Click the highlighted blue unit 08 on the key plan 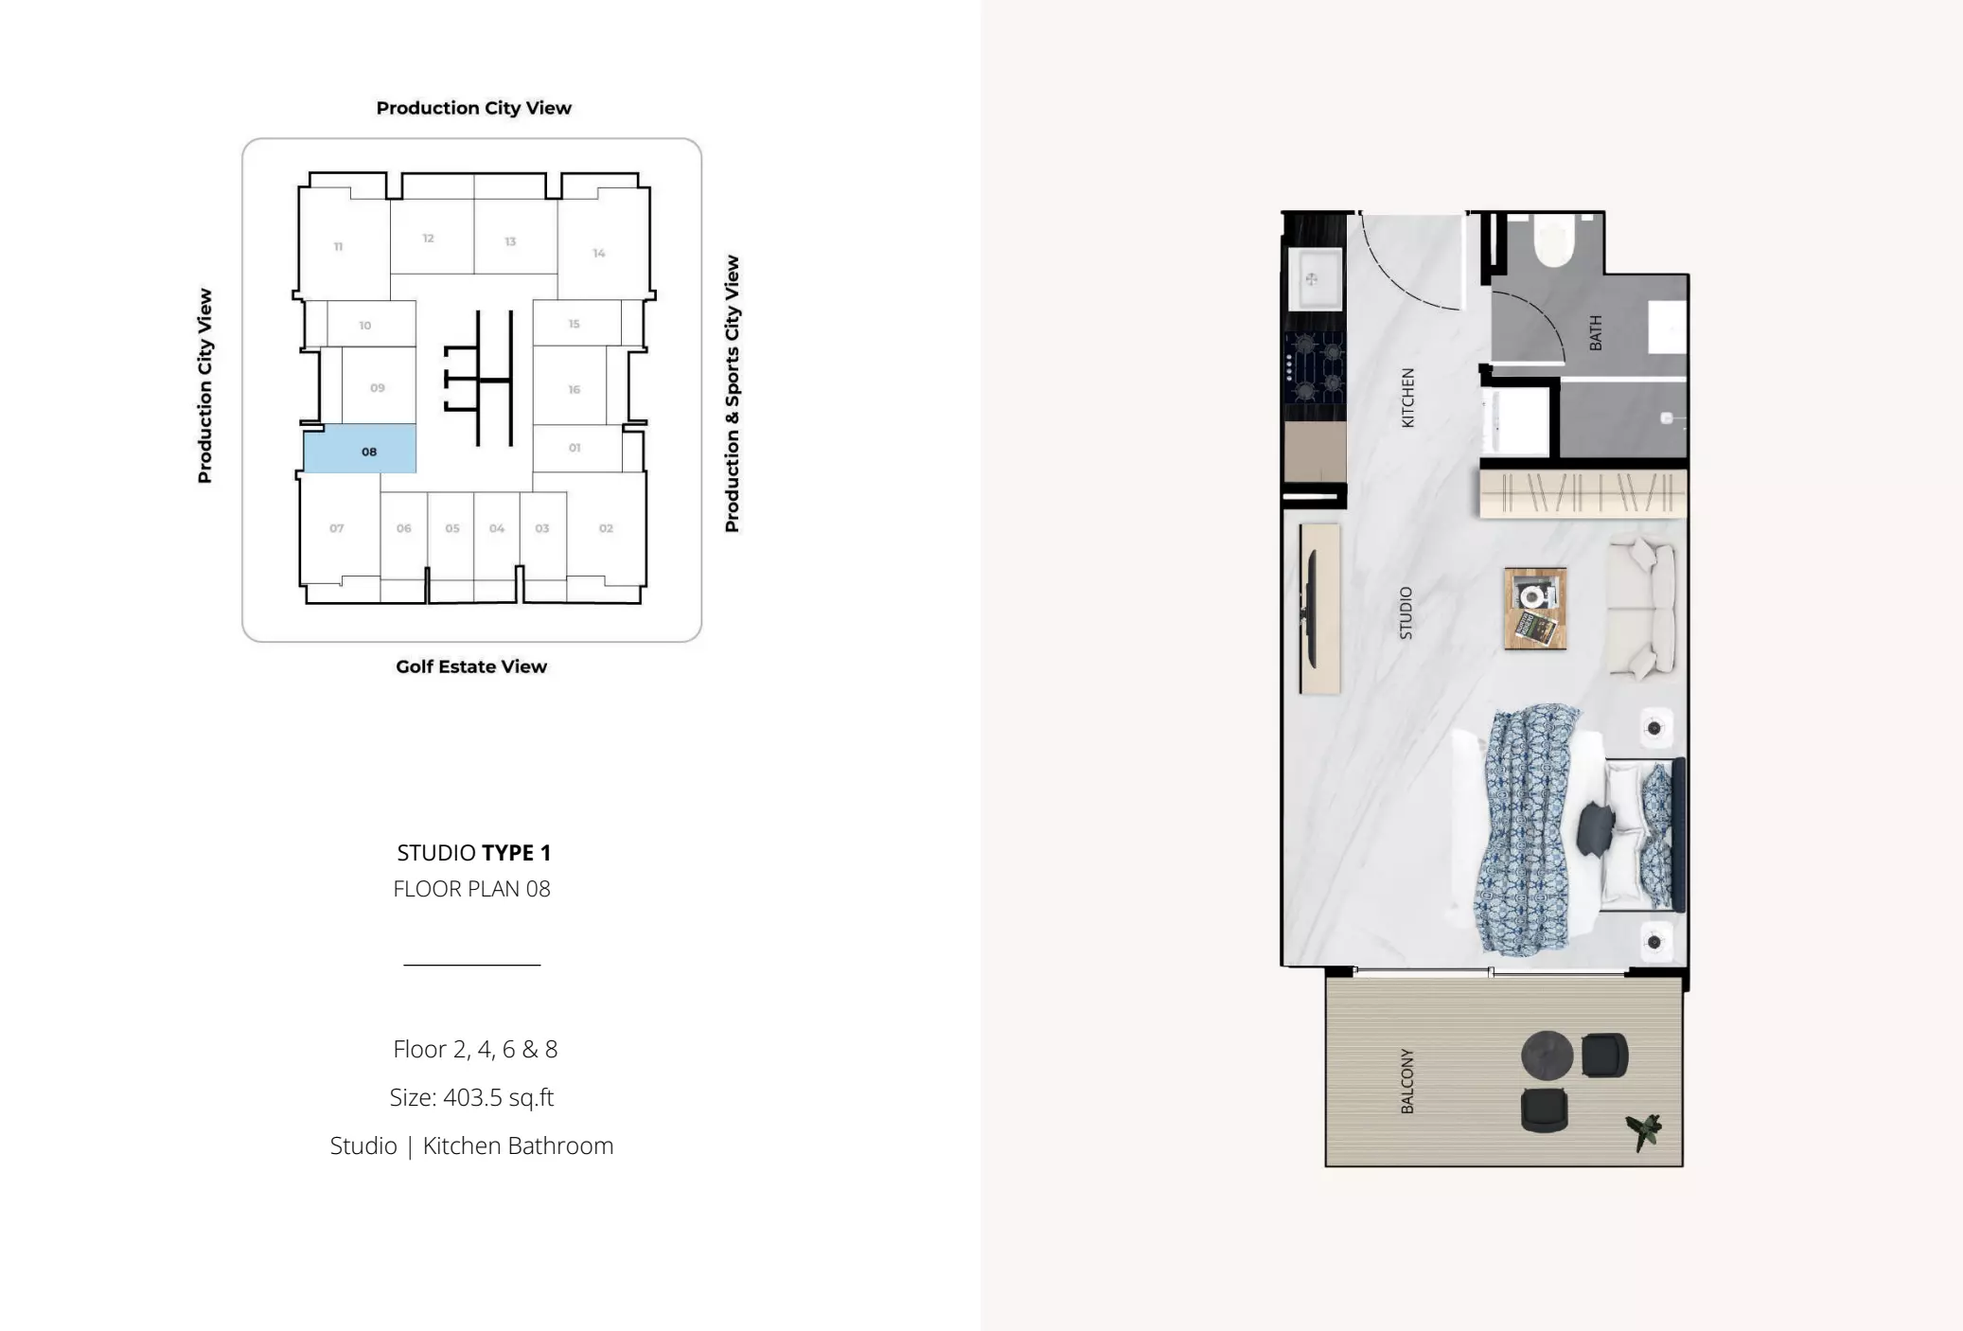tap(360, 449)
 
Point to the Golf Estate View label tap(471, 666)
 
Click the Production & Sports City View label tap(732, 393)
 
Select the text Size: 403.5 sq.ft tap(471, 1097)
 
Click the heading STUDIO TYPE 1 tap(473, 853)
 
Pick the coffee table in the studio tap(1535, 609)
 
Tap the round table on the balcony tap(1547, 1055)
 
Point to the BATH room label tap(1596, 333)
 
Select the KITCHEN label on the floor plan tap(1407, 398)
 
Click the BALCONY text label tap(1407, 1080)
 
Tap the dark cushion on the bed tap(1596, 828)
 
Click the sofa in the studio tap(1643, 607)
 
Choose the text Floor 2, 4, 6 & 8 tap(475, 1049)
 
